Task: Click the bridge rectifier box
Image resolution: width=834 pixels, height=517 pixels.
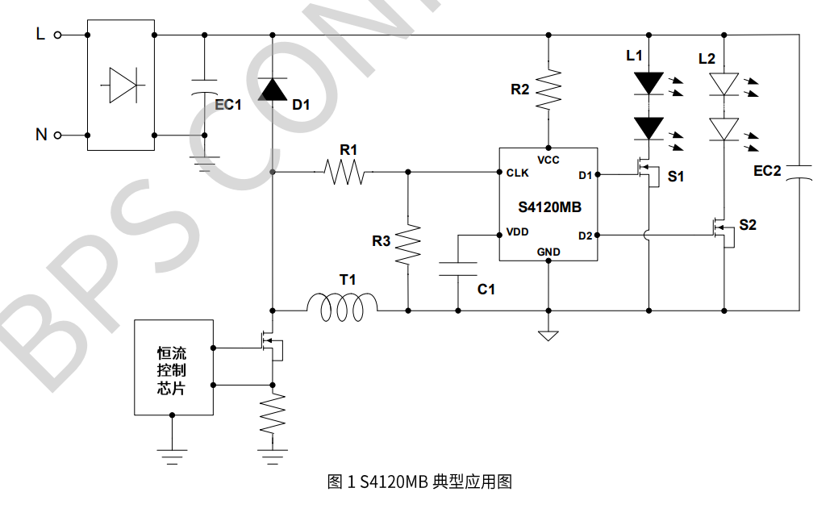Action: click(x=120, y=85)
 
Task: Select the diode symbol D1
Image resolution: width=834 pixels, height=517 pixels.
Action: click(x=273, y=90)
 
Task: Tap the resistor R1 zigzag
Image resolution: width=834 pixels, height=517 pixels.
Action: click(x=344, y=172)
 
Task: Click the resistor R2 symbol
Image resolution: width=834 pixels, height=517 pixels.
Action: click(x=548, y=89)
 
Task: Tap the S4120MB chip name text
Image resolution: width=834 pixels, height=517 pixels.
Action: click(x=548, y=206)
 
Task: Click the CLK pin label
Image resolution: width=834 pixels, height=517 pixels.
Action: click(x=517, y=173)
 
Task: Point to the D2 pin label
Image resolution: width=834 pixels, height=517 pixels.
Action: click(x=585, y=236)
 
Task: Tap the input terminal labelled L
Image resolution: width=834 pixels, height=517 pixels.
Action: click(x=57, y=35)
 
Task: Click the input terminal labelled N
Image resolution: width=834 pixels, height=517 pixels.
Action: click(x=57, y=135)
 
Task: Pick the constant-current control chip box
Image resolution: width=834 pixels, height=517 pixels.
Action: click(x=173, y=367)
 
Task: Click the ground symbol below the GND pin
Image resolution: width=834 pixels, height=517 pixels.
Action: click(x=548, y=334)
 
